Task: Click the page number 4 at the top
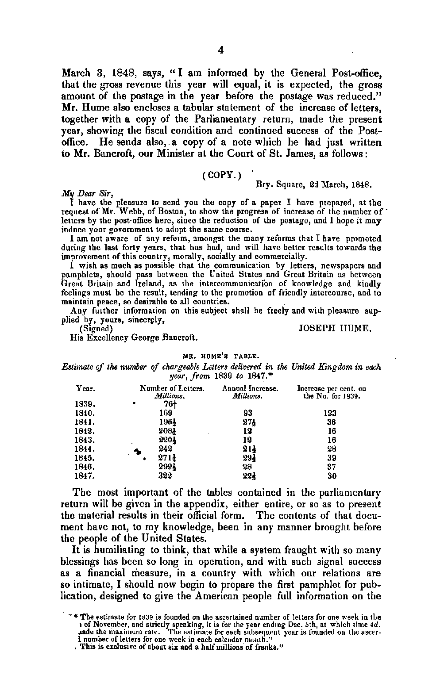[221, 50]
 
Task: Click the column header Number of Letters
[172, 388]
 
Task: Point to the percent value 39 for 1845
[332, 458]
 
